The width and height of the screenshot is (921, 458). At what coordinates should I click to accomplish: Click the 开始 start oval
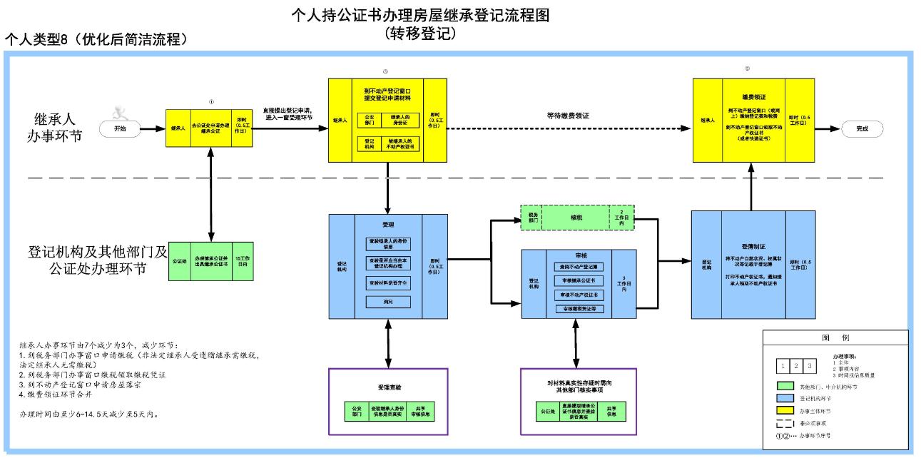click(x=118, y=129)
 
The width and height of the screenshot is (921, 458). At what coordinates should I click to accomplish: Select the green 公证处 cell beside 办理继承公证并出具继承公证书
click(x=179, y=260)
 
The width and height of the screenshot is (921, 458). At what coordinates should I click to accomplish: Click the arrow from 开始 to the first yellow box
click(x=151, y=129)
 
